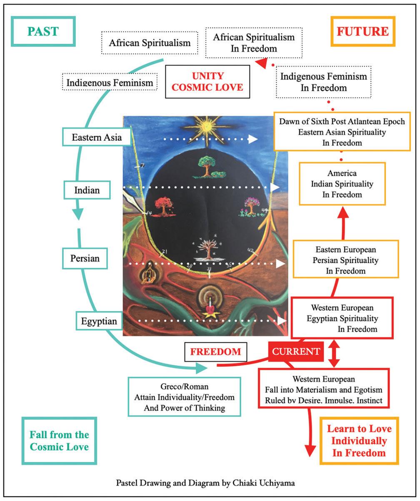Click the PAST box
(x=44, y=31)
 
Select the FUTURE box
(x=362, y=31)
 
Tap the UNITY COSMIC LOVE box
(x=207, y=82)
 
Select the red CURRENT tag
(x=296, y=351)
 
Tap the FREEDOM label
(x=215, y=351)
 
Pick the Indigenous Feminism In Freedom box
(x=324, y=82)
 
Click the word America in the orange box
(x=342, y=173)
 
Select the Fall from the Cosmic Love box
(x=59, y=441)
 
